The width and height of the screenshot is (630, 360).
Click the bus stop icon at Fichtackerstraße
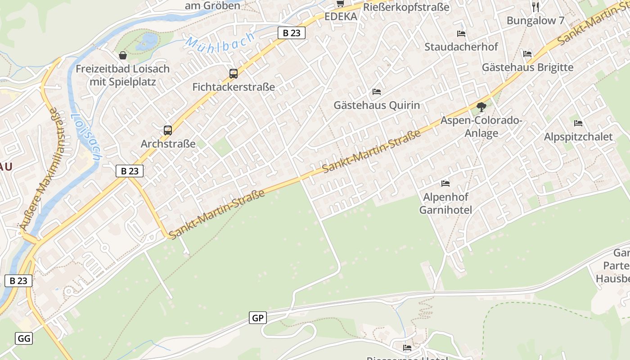(233, 73)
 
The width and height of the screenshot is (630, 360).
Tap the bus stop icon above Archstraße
(168, 130)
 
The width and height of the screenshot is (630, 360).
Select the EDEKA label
(341, 17)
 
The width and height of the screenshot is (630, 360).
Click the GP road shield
(258, 318)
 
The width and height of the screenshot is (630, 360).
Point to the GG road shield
(24, 338)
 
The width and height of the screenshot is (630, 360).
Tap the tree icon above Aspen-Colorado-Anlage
(481, 107)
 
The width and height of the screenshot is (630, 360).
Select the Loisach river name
(85, 137)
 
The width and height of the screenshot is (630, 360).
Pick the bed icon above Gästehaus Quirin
(377, 92)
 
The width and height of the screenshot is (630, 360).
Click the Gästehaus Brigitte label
(527, 67)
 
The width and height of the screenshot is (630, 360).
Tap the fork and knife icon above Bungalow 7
(535, 7)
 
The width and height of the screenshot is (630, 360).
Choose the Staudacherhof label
(461, 47)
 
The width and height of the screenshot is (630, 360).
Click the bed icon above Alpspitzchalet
(578, 123)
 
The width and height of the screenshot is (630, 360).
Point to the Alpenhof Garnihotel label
(445, 203)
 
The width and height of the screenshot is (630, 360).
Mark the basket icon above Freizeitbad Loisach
(122, 55)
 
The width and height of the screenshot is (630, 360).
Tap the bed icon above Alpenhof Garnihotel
(445, 183)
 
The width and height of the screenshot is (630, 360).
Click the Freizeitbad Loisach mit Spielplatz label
(122, 75)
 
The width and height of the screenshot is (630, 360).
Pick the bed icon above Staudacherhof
(461, 33)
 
